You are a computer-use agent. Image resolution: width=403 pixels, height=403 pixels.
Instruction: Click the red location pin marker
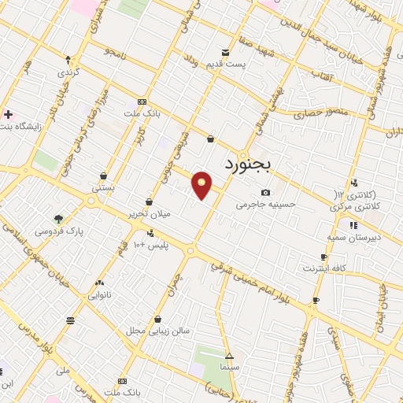(202, 184)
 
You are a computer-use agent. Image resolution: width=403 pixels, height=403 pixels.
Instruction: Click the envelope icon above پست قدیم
(225, 53)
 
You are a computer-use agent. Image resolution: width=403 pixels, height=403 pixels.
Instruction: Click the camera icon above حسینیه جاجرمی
(265, 193)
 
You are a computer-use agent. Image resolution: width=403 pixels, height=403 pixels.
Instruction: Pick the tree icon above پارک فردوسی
(57, 220)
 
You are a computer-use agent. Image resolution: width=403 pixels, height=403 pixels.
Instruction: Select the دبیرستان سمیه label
(353, 236)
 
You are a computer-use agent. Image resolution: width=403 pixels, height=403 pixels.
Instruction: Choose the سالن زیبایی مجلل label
(159, 331)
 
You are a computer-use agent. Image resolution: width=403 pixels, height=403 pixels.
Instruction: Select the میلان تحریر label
(146, 214)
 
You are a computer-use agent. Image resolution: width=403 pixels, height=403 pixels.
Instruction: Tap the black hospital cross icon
(8, 114)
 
